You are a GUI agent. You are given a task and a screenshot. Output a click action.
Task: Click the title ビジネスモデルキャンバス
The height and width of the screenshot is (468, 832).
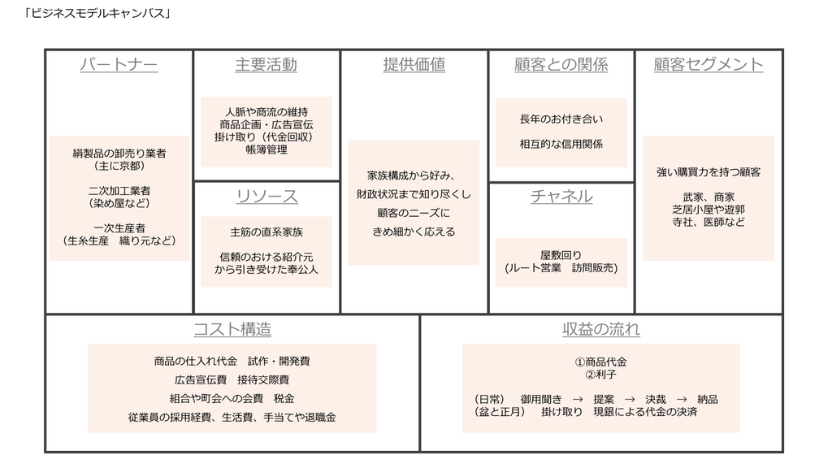(x=97, y=14)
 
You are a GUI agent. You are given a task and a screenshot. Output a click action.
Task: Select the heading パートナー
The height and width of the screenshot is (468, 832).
(x=119, y=65)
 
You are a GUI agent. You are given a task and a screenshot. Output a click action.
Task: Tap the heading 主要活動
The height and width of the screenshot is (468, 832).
(x=266, y=65)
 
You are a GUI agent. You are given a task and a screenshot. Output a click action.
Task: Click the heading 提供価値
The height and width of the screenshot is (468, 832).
(x=414, y=65)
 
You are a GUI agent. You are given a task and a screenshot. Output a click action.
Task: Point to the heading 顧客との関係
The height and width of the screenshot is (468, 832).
(x=561, y=65)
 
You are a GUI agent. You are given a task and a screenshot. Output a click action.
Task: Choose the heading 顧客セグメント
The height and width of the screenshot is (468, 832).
(x=708, y=65)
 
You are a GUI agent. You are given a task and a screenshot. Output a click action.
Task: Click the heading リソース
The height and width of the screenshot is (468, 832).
(x=266, y=197)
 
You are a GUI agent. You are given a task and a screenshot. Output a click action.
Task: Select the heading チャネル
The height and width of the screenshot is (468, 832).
(x=561, y=197)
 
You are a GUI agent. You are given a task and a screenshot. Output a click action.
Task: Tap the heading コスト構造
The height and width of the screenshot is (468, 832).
(x=232, y=330)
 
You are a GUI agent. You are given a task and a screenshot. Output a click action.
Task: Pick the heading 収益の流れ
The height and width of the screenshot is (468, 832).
(x=601, y=330)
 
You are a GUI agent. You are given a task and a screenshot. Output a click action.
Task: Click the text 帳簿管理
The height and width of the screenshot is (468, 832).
(x=266, y=149)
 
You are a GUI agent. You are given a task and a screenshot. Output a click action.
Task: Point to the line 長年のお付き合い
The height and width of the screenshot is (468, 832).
(x=561, y=119)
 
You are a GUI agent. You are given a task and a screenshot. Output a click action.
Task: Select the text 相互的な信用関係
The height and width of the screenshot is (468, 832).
(x=561, y=144)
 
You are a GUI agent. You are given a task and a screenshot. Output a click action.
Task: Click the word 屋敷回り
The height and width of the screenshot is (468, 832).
(x=561, y=255)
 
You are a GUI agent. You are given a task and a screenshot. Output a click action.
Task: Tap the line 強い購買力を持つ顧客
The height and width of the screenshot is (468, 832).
(x=708, y=172)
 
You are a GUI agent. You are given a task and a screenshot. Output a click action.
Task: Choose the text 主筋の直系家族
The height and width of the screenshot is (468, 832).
(x=266, y=232)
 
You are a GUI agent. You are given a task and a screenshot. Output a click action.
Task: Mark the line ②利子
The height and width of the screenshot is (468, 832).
(x=600, y=375)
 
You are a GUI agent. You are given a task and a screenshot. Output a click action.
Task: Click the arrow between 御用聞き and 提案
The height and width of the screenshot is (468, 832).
(x=578, y=399)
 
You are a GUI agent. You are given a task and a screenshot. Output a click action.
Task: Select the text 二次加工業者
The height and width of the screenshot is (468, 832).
(x=119, y=190)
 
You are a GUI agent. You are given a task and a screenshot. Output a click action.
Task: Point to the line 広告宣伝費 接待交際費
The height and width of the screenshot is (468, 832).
(x=232, y=380)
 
